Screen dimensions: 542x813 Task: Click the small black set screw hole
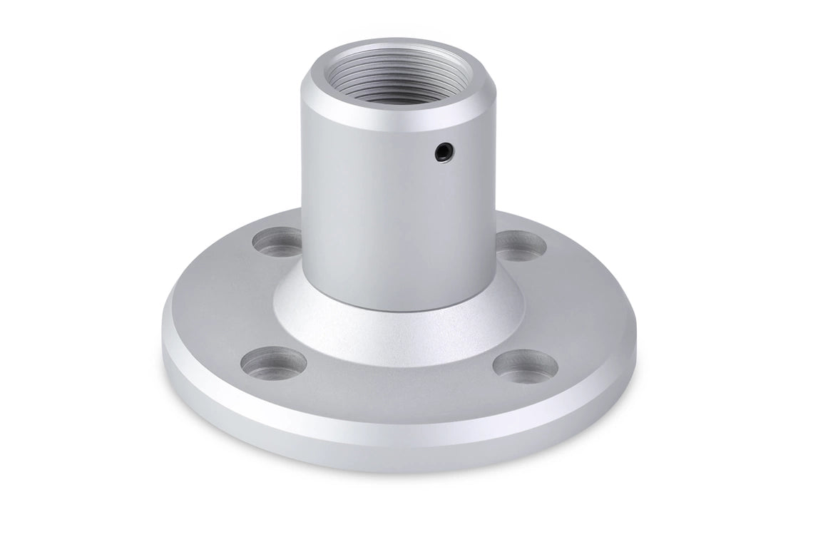click(x=444, y=150)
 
